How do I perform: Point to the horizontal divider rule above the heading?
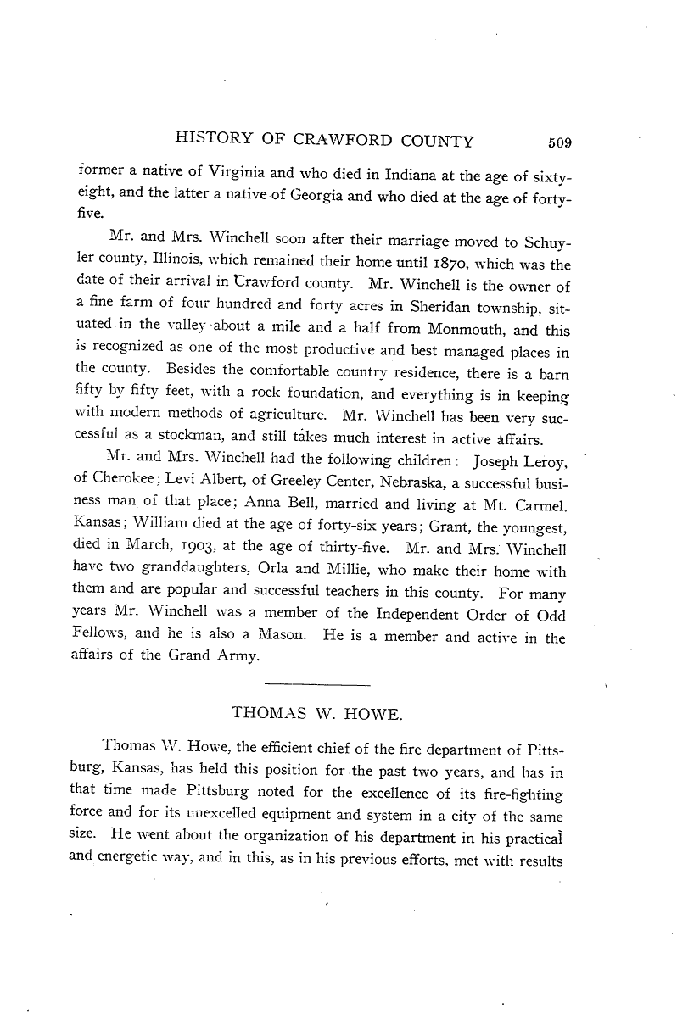[x=317, y=683]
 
